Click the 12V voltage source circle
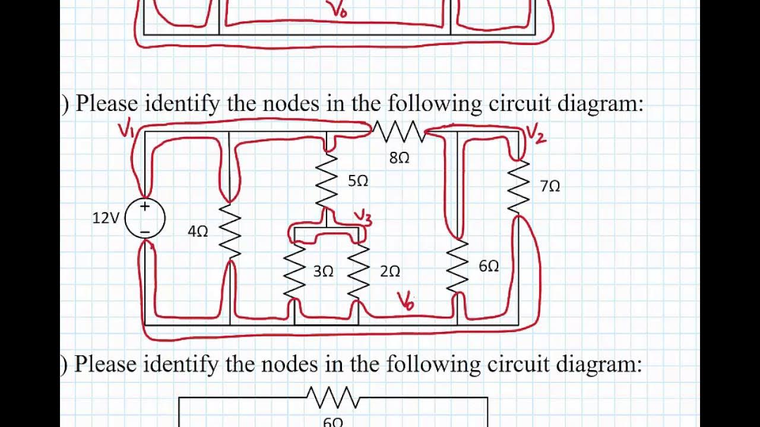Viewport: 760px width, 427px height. pyautogui.click(x=145, y=218)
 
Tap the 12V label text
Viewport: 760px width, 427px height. pyautogui.click(x=106, y=218)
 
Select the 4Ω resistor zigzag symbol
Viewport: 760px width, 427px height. pyautogui.click(x=230, y=231)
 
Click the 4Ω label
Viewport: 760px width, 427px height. pyautogui.click(x=198, y=232)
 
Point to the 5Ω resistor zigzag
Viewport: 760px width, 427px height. pyautogui.click(x=327, y=181)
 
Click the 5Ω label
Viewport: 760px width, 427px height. pyautogui.click(x=358, y=181)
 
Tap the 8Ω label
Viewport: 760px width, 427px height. pyautogui.click(x=399, y=158)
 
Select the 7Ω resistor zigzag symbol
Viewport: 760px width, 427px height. pyautogui.click(x=519, y=187)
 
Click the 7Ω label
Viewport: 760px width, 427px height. pyautogui.click(x=550, y=186)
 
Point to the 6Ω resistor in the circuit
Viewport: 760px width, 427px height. pyautogui.click(x=457, y=266)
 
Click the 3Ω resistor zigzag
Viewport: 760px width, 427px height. pyautogui.click(x=294, y=271)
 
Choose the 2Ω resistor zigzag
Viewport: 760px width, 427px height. pyautogui.click(x=359, y=271)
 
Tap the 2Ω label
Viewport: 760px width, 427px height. pyautogui.click(x=389, y=272)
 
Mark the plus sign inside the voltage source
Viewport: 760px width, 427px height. pyautogui.click(x=145, y=206)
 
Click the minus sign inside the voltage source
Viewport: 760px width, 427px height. pyautogui.click(x=145, y=231)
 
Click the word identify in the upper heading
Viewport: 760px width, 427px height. pyautogui.click(x=182, y=104)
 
